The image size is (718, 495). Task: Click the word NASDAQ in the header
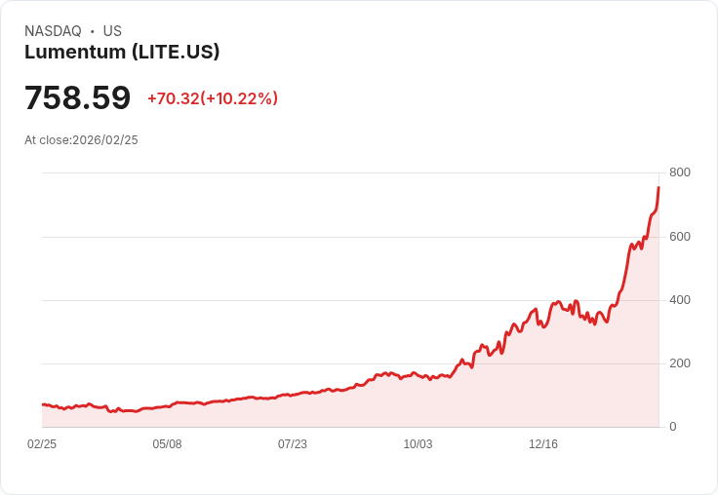[53, 31]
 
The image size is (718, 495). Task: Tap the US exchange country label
[112, 31]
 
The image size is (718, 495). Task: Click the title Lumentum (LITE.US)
[122, 52]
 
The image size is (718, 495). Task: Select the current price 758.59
[77, 98]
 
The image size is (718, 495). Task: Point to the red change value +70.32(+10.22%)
[213, 98]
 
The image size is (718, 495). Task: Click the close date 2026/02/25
[105, 140]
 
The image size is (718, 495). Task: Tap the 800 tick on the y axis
[680, 172]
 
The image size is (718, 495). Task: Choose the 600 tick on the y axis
[680, 237]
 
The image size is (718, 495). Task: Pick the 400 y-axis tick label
[680, 300]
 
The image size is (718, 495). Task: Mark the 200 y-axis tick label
[680, 363]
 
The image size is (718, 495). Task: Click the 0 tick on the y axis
[673, 427]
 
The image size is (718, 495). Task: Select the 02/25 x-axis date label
[42, 444]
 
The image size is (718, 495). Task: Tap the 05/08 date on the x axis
[167, 444]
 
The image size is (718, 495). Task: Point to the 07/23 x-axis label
[293, 444]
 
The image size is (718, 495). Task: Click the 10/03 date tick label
[418, 444]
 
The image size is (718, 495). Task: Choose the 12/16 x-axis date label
[543, 444]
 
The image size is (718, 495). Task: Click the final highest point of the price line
[658, 187]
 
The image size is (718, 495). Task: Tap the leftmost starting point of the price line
[42, 403]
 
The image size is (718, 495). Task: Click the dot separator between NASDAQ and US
[93, 31]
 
